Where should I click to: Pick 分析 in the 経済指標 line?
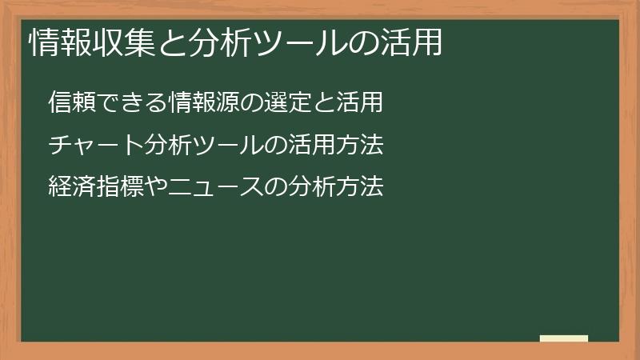click(x=313, y=187)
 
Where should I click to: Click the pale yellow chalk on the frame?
click(x=564, y=338)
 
